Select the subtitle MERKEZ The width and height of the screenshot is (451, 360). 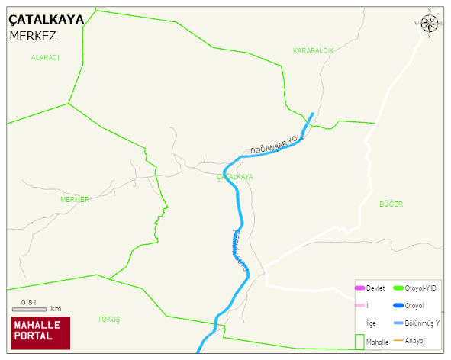(33, 36)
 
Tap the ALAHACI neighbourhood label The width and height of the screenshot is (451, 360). (45, 58)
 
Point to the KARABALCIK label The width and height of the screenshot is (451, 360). (313, 50)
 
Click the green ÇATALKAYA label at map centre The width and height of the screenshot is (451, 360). (235, 177)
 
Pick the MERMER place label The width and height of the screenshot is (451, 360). (75, 199)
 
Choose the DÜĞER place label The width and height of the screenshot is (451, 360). (391, 204)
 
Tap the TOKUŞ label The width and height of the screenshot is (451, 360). (109, 319)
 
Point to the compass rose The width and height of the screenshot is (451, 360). (430, 24)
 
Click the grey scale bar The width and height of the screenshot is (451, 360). (30, 310)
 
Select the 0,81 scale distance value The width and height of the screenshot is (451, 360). (29, 302)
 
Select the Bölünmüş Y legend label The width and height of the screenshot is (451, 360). (422, 323)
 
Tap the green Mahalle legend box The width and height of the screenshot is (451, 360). (359, 341)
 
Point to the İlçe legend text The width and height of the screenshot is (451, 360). (371, 323)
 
